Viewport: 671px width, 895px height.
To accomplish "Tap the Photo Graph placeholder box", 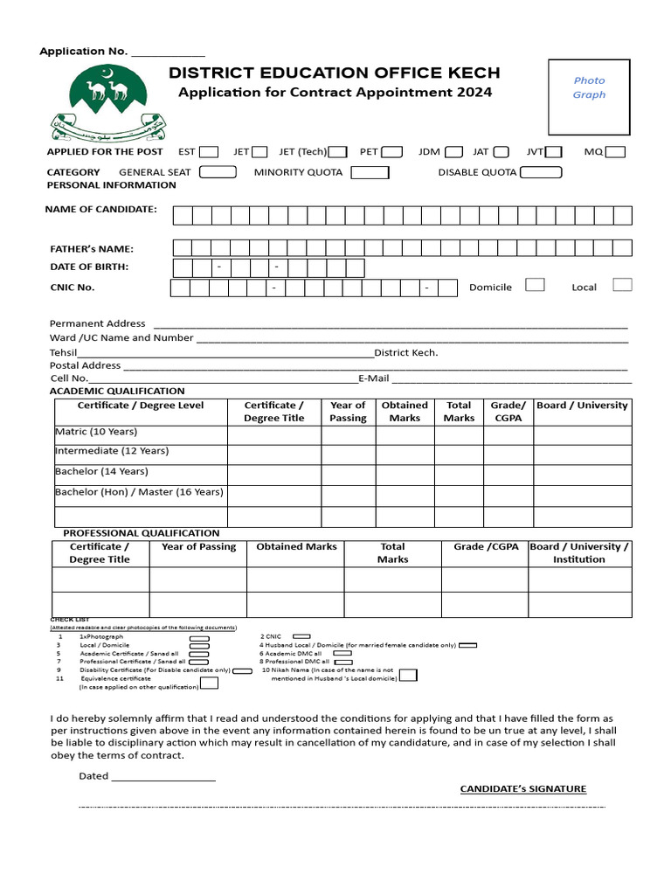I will point(589,94).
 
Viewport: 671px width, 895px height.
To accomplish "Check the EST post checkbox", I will point(209,152).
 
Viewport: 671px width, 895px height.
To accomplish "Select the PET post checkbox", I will point(392,152).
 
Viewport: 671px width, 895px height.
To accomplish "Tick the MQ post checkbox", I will point(615,152).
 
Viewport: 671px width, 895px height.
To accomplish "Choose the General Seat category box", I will point(218,172).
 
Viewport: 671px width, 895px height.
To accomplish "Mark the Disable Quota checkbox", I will point(541,172).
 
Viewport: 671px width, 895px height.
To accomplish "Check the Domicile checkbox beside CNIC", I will point(535,285).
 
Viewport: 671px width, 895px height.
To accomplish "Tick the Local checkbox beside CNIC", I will point(622,285).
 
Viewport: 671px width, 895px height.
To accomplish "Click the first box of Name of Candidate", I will point(183,215).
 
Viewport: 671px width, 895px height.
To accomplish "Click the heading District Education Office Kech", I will point(335,73).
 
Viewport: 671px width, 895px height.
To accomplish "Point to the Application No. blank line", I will point(168,52).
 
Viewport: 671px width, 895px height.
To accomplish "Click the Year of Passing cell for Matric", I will point(348,434).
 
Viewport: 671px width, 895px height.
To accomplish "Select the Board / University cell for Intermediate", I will point(582,454).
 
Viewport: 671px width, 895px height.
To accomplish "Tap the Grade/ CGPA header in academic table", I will point(508,412).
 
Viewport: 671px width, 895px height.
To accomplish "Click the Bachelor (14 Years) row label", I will point(102,471).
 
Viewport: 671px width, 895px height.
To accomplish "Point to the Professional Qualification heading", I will point(142,533).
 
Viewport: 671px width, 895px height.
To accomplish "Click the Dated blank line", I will point(163,776).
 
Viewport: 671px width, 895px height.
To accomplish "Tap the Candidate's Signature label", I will point(523,789).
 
